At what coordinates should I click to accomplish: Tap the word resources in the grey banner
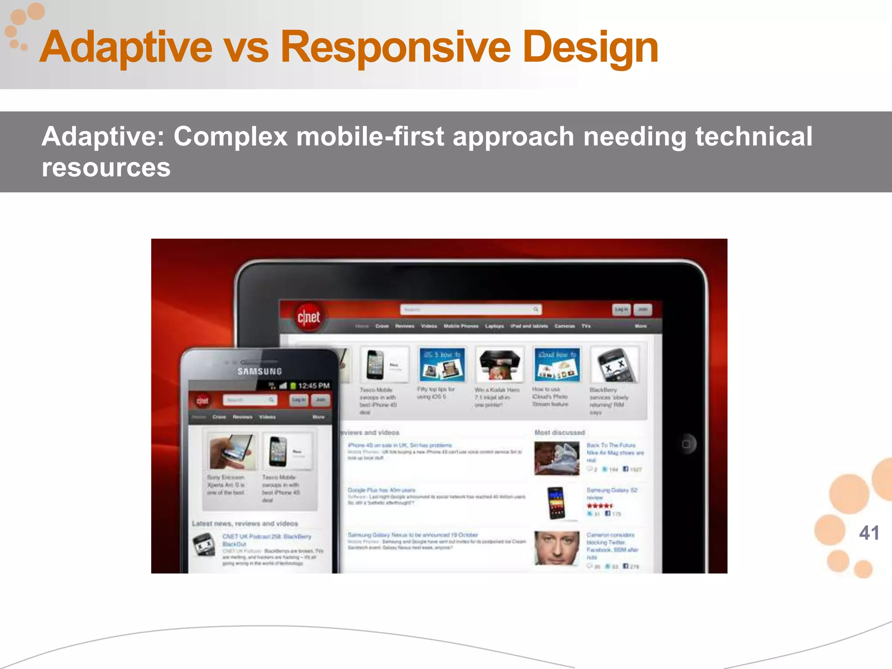[106, 168]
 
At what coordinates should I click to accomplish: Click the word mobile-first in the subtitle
[370, 136]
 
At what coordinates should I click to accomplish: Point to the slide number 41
[868, 533]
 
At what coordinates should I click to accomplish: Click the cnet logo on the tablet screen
[308, 317]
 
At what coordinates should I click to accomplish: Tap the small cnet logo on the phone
[203, 400]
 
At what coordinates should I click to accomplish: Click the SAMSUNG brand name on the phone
[260, 372]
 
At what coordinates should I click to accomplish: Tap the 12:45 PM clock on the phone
[314, 386]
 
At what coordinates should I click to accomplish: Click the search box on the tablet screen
[470, 309]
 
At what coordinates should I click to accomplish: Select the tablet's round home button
[686, 444]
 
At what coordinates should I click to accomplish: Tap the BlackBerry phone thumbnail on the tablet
[614, 365]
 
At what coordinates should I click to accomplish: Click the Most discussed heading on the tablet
[559, 432]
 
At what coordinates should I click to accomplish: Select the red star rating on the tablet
[600, 506]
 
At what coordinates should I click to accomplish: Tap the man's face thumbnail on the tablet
[557, 548]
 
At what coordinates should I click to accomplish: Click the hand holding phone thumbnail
[231, 452]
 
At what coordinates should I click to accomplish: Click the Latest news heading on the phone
[245, 524]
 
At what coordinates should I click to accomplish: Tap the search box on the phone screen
[250, 400]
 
